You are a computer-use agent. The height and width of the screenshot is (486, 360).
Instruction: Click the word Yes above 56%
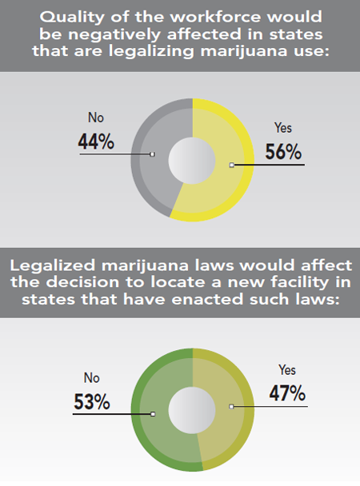[x=283, y=126]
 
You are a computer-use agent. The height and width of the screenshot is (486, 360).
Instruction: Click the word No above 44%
[x=95, y=118]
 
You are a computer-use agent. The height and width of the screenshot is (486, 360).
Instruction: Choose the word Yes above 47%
[x=286, y=370]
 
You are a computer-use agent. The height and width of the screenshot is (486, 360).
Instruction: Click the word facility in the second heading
[x=293, y=283]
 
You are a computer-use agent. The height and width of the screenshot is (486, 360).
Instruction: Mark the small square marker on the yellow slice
[x=231, y=165]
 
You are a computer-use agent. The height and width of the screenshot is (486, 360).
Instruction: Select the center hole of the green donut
[x=193, y=409]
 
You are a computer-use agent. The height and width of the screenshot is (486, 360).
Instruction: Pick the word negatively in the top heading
[x=131, y=34]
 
